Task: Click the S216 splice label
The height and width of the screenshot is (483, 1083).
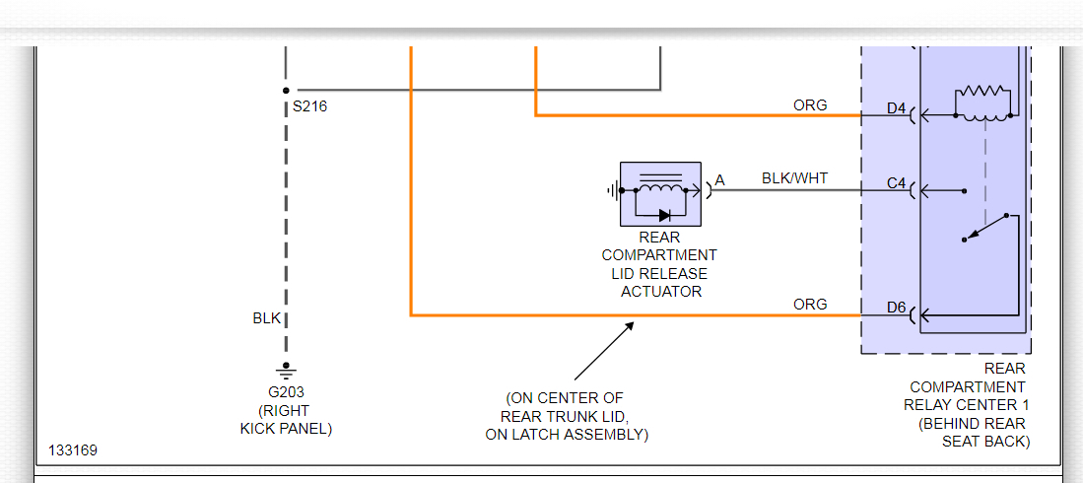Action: click(309, 106)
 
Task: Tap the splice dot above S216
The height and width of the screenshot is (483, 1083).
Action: click(286, 90)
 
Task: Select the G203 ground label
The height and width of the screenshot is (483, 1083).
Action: click(286, 392)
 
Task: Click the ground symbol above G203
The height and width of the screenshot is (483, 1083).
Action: click(286, 372)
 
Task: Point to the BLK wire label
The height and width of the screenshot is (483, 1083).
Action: click(267, 318)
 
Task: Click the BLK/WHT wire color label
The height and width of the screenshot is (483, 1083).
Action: click(794, 178)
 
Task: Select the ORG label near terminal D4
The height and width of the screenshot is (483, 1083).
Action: click(810, 105)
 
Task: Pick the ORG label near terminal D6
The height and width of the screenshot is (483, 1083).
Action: click(810, 305)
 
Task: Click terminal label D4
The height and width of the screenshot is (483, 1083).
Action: click(896, 108)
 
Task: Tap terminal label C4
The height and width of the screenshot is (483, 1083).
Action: click(896, 184)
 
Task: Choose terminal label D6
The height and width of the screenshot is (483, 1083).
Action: click(896, 308)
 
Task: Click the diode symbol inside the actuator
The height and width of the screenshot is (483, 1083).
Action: click(665, 214)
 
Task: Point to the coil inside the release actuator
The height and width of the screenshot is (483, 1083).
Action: click(660, 187)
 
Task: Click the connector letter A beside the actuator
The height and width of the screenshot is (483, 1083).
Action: click(719, 180)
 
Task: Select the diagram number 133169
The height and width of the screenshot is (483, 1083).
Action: click(73, 450)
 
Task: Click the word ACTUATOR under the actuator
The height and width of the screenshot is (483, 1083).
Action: click(660, 291)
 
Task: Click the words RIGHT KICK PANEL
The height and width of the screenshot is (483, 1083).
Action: click(286, 419)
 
